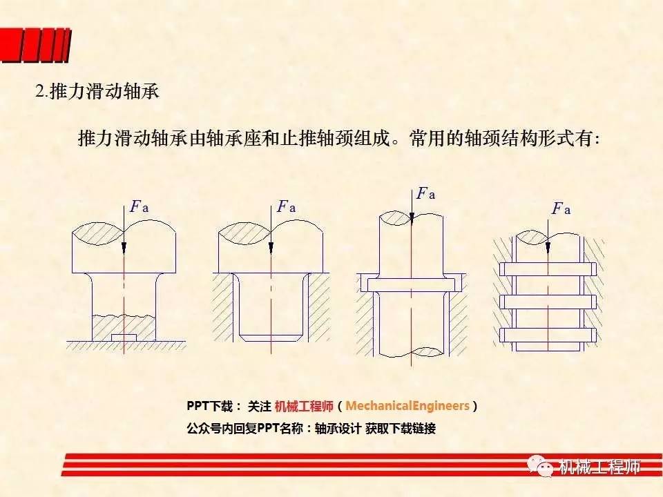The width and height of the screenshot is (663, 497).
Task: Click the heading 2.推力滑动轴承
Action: click(97, 91)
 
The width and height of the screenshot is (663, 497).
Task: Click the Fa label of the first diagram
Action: click(140, 206)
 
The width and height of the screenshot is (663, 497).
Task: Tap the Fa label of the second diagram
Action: click(286, 206)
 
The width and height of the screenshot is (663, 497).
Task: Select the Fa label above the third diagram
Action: click(425, 193)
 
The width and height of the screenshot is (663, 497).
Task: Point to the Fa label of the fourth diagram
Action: click(561, 208)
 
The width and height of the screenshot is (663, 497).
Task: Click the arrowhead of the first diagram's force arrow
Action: click(124, 248)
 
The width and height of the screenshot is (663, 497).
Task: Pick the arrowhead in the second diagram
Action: click(271, 248)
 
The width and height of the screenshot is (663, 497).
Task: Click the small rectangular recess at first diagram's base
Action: click(124, 337)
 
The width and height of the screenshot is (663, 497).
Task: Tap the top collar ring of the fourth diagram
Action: click(548, 269)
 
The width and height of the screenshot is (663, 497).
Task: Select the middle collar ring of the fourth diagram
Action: click(548, 302)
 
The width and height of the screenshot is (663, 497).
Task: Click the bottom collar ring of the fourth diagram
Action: click(548, 335)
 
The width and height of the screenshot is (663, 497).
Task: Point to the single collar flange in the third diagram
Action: click(412, 285)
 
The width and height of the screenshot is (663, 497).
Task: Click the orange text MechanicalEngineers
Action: click(407, 406)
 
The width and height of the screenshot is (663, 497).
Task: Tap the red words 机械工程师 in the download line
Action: click(304, 406)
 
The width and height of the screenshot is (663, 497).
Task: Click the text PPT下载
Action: click(209, 406)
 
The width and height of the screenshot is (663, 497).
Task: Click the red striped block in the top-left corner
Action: click(35, 46)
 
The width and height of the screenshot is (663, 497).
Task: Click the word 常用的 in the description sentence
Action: click(436, 138)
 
